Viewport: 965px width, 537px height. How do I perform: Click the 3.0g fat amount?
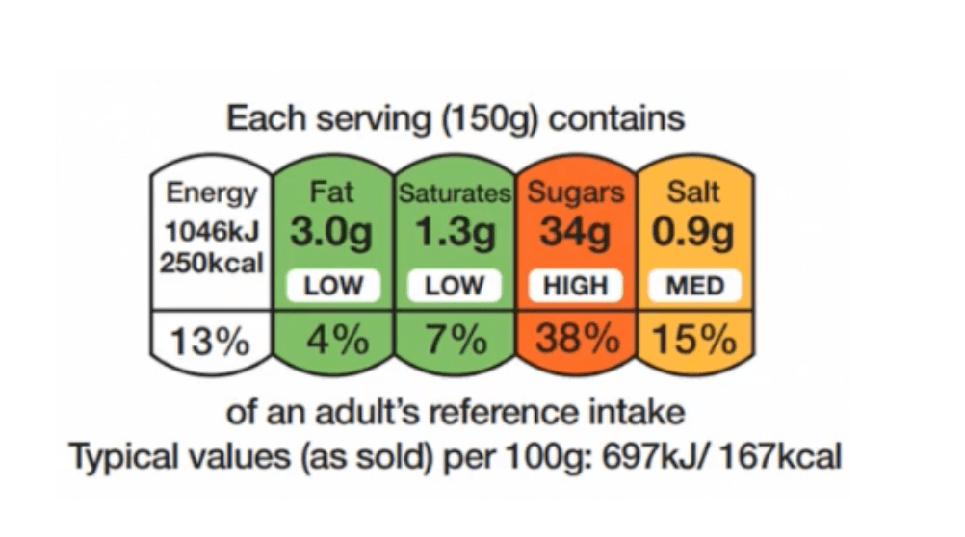point(332,233)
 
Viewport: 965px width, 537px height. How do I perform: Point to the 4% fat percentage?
point(332,340)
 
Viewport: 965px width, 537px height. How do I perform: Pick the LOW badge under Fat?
point(332,286)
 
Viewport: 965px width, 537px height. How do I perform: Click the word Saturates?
point(455,192)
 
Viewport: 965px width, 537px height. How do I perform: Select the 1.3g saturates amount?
point(455,233)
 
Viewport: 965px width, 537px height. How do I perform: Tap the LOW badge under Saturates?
point(455,286)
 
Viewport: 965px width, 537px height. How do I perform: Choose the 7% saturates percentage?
point(455,340)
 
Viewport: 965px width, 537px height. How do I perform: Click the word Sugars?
point(576,192)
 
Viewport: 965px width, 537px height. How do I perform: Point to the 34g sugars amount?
point(575,233)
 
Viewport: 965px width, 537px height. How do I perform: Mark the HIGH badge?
point(576,286)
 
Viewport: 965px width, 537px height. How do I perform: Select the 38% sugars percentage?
point(576,340)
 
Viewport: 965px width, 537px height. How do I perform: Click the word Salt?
point(693,192)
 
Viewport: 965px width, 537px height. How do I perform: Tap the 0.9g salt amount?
point(693,233)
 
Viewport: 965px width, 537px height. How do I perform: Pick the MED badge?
point(693,286)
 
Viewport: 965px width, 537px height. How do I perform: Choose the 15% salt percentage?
point(694,340)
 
